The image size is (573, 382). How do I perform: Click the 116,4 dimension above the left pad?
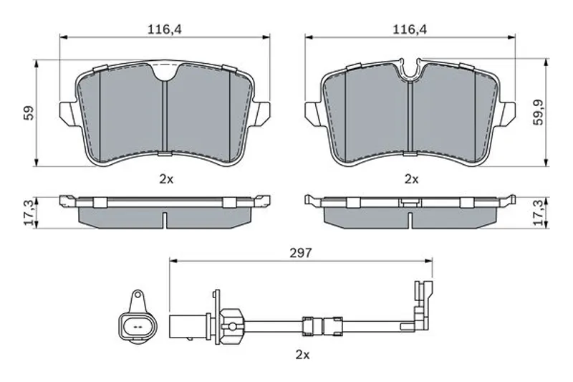(x=165, y=29)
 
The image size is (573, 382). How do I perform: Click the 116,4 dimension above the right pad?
(x=410, y=29)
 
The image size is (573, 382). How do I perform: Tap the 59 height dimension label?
(x=29, y=113)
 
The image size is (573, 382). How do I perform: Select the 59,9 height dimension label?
(x=539, y=113)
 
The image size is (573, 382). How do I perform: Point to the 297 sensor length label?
(x=301, y=253)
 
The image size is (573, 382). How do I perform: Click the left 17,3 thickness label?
(x=29, y=212)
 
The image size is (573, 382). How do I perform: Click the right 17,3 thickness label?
(x=539, y=212)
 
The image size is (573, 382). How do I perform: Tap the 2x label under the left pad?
(x=166, y=179)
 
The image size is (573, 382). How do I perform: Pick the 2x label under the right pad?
(x=411, y=179)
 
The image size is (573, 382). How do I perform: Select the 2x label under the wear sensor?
(x=302, y=355)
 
